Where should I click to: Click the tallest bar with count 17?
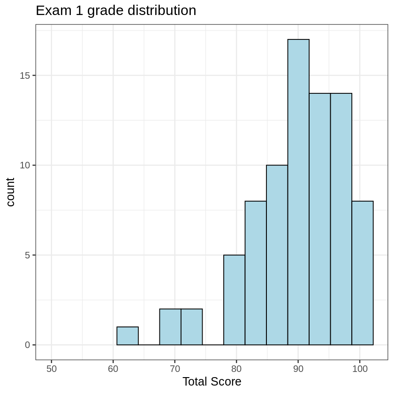298,192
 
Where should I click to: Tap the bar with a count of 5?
234,300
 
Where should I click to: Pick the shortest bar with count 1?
128,336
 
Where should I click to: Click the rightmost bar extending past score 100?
363,273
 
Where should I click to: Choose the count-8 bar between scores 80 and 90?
256,273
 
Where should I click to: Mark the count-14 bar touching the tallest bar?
319,219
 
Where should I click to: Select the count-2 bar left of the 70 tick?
170,327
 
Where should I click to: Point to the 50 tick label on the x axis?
52,369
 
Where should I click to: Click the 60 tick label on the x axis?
113,369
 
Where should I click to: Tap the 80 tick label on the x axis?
236,369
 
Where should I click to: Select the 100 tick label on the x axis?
360,369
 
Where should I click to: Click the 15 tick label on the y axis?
25,76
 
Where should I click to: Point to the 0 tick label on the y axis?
28,345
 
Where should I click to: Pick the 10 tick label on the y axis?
25,165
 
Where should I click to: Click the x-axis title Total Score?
212,382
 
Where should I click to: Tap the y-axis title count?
10,192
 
